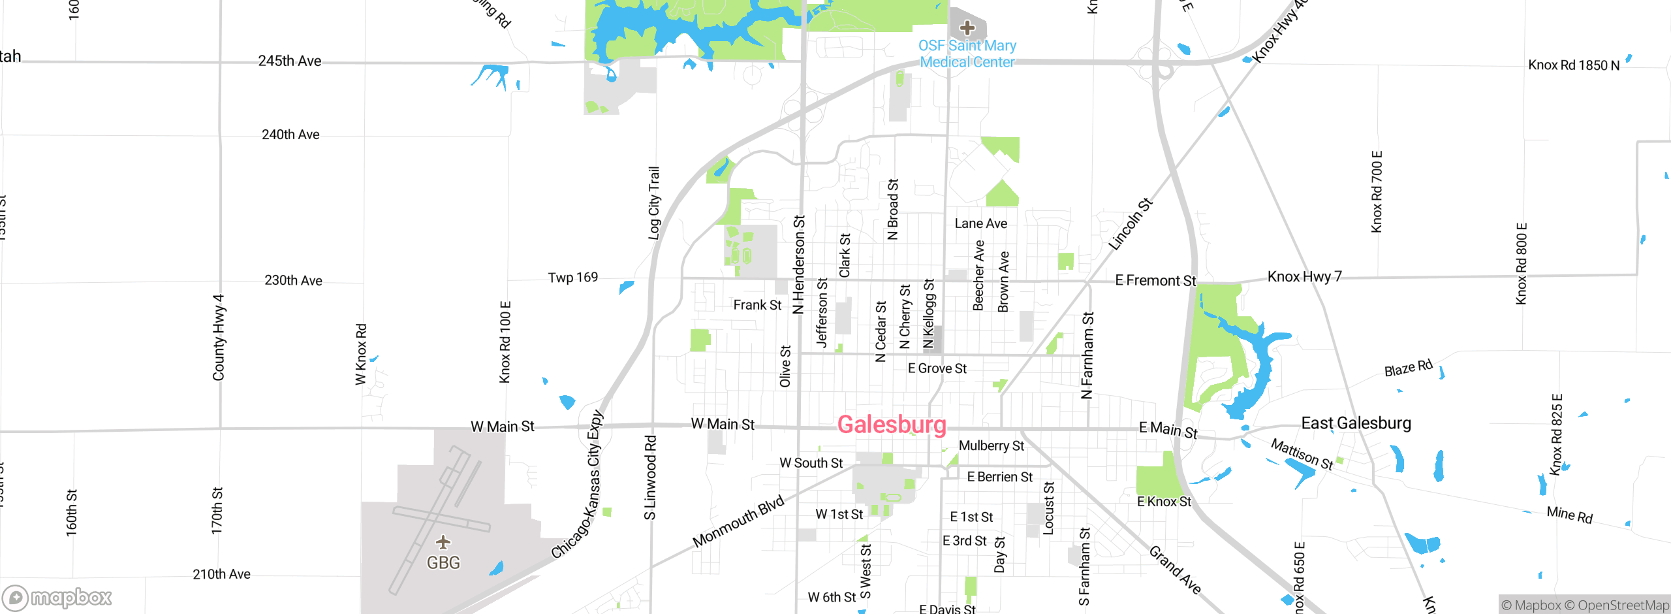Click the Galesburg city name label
point(892,425)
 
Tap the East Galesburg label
point(1356,423)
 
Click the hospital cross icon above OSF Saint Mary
point(967,27)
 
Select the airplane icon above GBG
point(443,542)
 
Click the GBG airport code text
point(443,562)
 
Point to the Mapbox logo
point(57,597)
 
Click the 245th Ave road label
point(290,61)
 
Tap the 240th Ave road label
point(290,135)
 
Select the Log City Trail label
point(653,202)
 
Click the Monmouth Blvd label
point(738,521)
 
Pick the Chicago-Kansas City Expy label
point(578,484)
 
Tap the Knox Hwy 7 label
point(1304,276)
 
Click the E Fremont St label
point(1155,280)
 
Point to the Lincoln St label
point(1131,224)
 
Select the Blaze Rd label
point(1408,368)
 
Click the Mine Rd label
point(1569,515)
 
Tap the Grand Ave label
point(1175,570)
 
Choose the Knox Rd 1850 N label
point(1573,65)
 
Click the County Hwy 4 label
point(219,337)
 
